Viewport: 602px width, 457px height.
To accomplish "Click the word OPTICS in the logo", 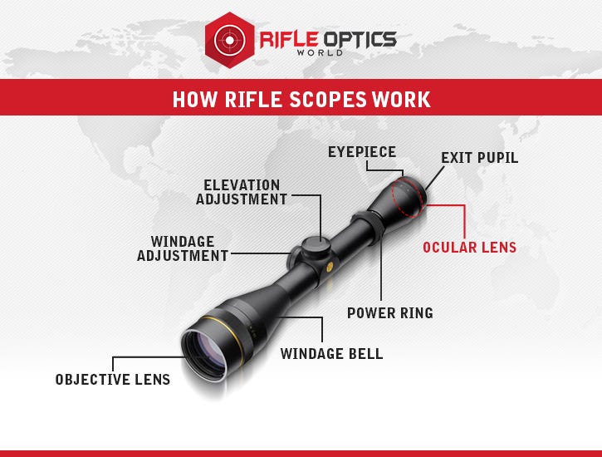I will point(358,38).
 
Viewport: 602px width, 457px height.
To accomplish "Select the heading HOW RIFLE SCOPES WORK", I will point(301,100).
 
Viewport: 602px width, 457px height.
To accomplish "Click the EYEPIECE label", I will point(361,152).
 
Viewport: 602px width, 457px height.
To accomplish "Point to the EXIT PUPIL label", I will point(479,158).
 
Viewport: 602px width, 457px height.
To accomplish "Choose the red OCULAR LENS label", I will point(469,248).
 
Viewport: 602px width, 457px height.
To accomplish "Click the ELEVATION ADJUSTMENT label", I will point(242,192).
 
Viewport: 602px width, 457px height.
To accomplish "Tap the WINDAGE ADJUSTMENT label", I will point(183,248).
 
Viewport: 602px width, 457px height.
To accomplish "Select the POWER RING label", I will point(389,313).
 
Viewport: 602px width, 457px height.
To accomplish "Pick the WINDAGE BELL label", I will point(331,354).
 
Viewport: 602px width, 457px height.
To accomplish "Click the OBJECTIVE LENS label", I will point(113,380).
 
